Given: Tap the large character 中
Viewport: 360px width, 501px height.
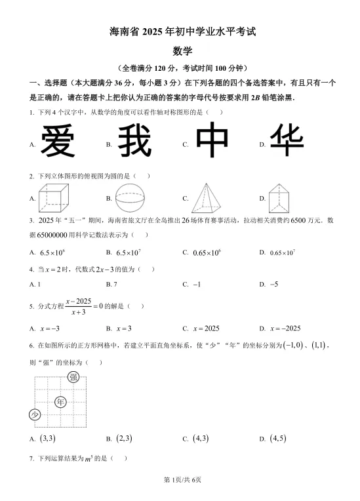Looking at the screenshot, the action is (214, 142).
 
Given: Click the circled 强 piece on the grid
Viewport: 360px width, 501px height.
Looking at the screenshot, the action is (73, 376).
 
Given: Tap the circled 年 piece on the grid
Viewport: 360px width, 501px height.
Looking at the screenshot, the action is (61, 401).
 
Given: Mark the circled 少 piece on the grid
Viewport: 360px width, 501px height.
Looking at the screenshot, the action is (35, 414).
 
